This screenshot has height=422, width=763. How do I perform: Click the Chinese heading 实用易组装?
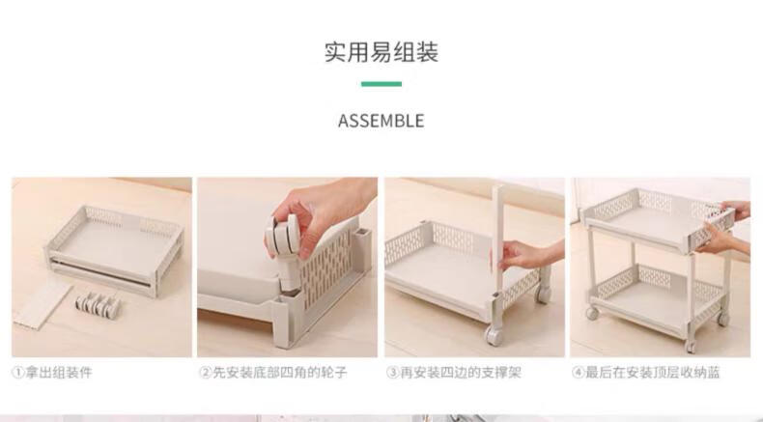[x=381, y=52]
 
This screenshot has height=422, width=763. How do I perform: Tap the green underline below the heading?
[x=381, y=84]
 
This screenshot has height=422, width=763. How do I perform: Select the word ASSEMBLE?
[x=381, y=121]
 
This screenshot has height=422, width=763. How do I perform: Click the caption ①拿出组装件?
[x=51, y=373]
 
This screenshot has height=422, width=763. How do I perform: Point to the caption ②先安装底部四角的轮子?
[x=273, y=373]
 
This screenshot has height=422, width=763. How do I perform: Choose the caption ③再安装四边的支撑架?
[x=454, y=373]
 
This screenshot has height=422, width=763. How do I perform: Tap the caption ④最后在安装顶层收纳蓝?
[x=646, y=373]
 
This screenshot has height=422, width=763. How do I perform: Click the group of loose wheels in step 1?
[x=98, y=304]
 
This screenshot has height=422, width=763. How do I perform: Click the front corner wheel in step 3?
[x=494, y=335]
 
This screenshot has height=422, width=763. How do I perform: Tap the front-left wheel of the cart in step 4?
[x=592, y=313]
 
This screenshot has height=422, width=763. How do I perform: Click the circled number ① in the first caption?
[x=18, y=373]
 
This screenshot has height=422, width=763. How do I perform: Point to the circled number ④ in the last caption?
[x=579, y=373]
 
